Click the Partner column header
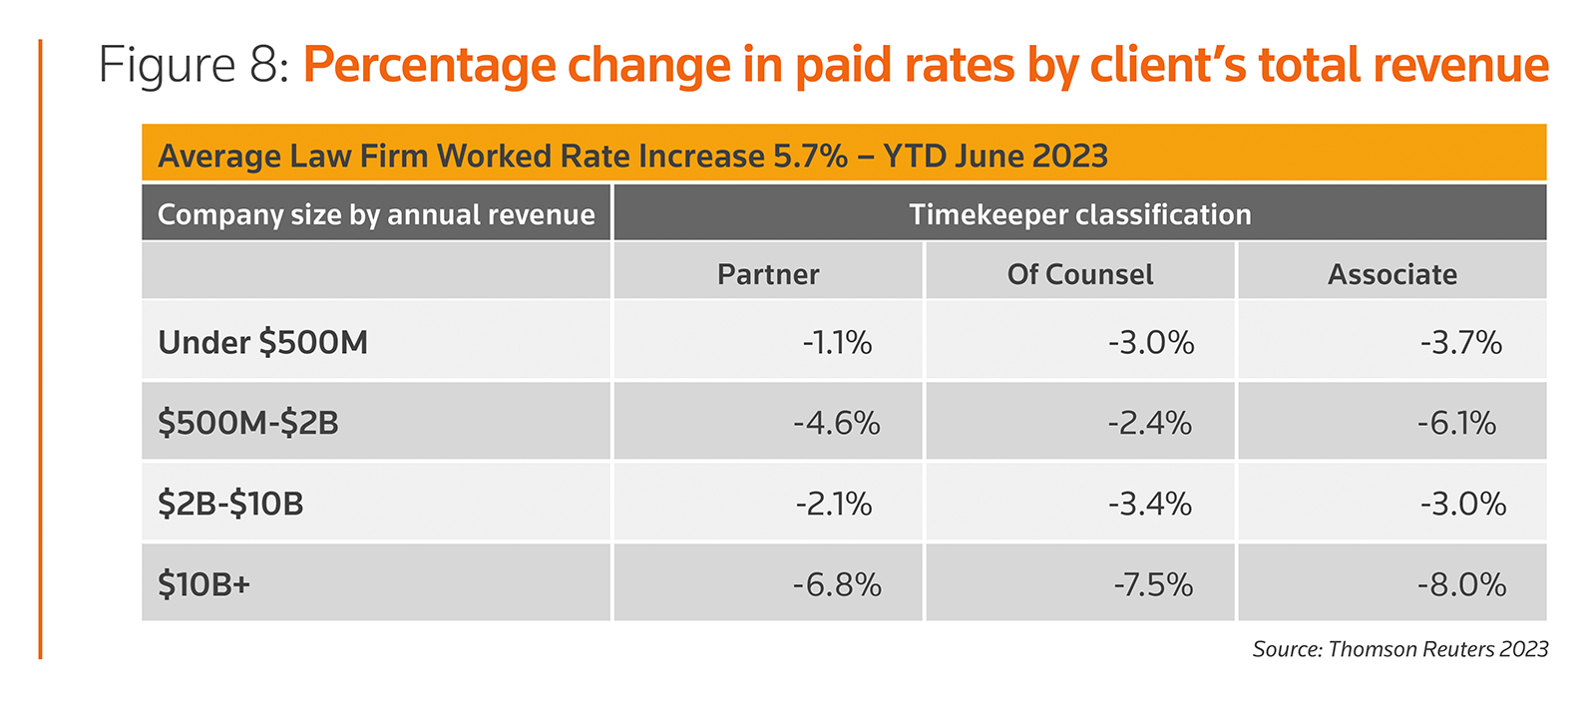pyautogui.click(x=768, y=274)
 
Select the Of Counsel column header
pyautogui.click(x=1080, y=274)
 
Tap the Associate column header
pyautogui.click(x=1392, y=274)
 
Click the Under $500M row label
pyautogui.click(x=262, y=342)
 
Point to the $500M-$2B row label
pyautogui.click(x=248, y=423)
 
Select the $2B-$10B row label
pyautogui.click(x=230, y=504)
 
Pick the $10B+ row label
pyautogui.click(x=203, y=583)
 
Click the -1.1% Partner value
pyautogui.click(x=837, y=343)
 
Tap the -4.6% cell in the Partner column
pyautogui.click(x=837, y=424)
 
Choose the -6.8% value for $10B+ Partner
pyautogui.click(x=837, y=584)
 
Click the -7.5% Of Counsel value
pyautogui.click(x=1153, y=584)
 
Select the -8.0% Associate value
pyautogui.click(x=1461, y=584)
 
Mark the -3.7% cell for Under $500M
pyautogui.click(x=1461, y=343)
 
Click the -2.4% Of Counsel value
pyautogui.click(x=1150, y=424)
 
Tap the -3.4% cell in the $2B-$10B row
pyautogui.click(x=1150, y=504)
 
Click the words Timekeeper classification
pyautogui.click(x=1079, y=214)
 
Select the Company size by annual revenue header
pyautogui.click(x=376, y=214)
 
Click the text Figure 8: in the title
pyautogui.click(x=194, y=66)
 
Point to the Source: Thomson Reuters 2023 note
pyautogui.click(x=1399, y=649)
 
